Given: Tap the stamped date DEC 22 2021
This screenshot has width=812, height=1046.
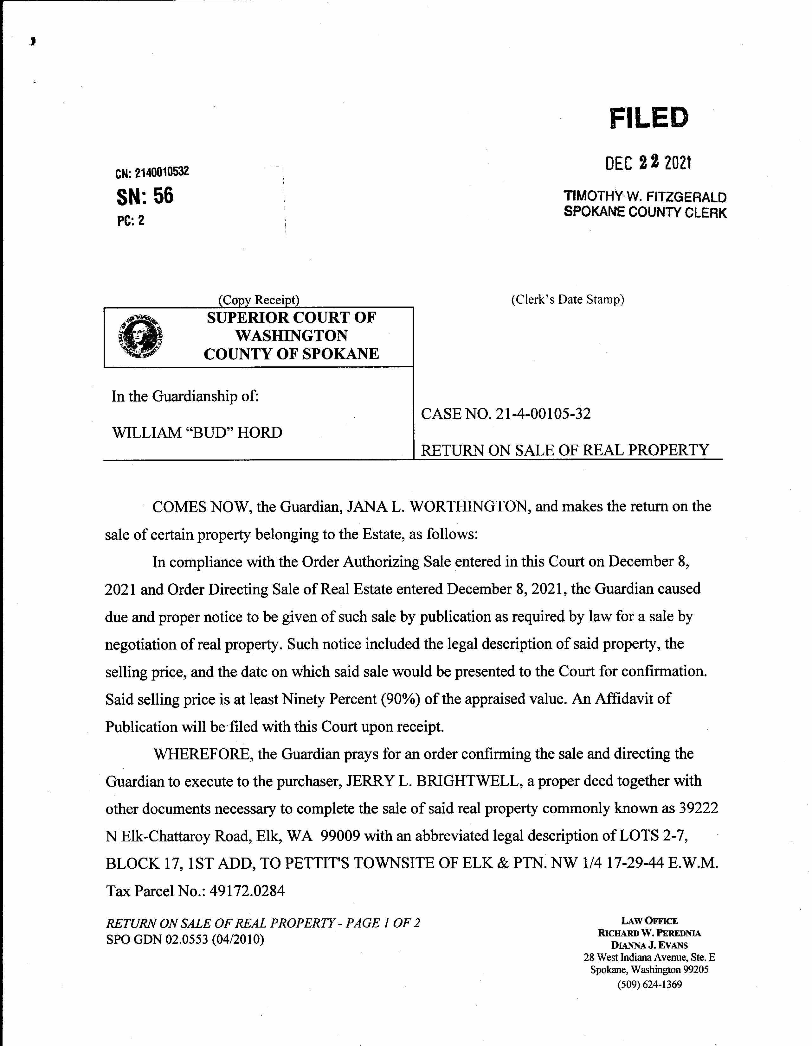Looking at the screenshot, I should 648,163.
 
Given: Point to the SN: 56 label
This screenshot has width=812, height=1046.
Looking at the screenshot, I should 145,196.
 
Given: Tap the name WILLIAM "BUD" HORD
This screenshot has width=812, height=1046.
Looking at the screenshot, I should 197,433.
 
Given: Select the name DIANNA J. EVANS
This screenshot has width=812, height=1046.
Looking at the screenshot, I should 649,945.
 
